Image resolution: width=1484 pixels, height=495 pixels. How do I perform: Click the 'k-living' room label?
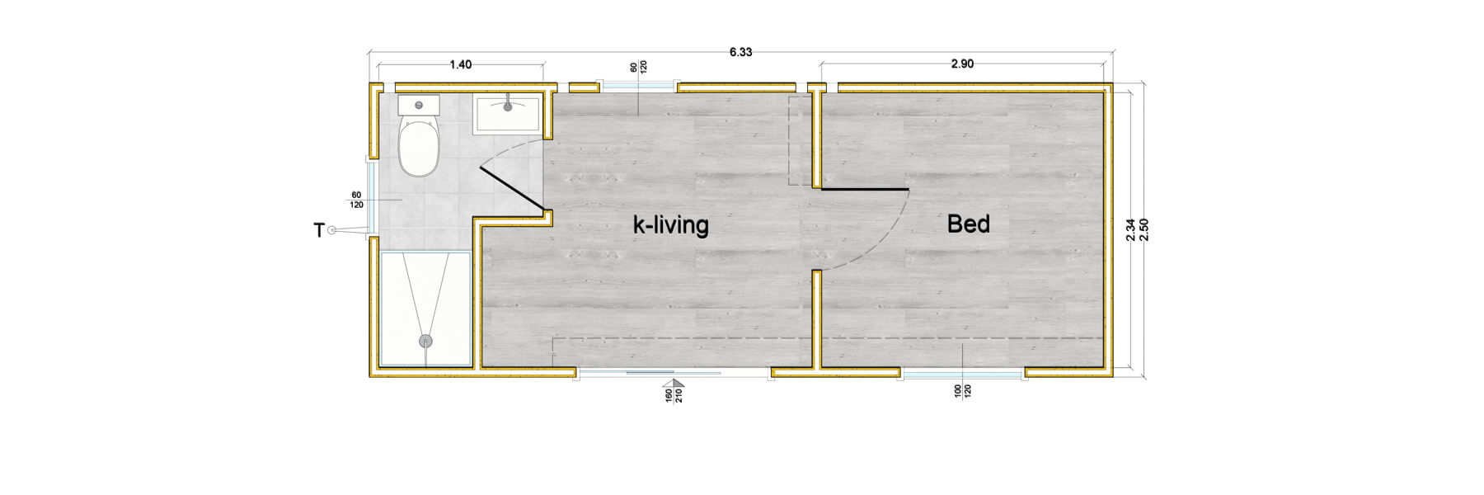(x=670, y=225)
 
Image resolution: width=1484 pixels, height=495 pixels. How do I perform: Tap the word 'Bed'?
(x=968, y=224)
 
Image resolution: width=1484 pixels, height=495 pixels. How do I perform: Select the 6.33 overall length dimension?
(x=740, y=52)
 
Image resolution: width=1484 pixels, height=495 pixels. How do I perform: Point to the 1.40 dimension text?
(x=460, y=65)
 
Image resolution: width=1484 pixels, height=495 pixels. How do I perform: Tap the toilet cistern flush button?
(x=419, y=106)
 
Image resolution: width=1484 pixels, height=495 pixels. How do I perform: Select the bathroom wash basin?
(x=508, y=113)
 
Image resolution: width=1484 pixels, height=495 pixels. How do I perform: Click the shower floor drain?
(x=426, y=340)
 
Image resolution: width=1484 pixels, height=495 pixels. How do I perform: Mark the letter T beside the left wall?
(x=319, y=232)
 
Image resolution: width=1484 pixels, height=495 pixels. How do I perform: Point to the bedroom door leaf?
(x=862, y=190)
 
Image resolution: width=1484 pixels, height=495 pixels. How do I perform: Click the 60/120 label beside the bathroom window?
(x=356, y=199)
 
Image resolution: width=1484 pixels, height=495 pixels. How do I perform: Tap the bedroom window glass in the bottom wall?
(x=963, y=374)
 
